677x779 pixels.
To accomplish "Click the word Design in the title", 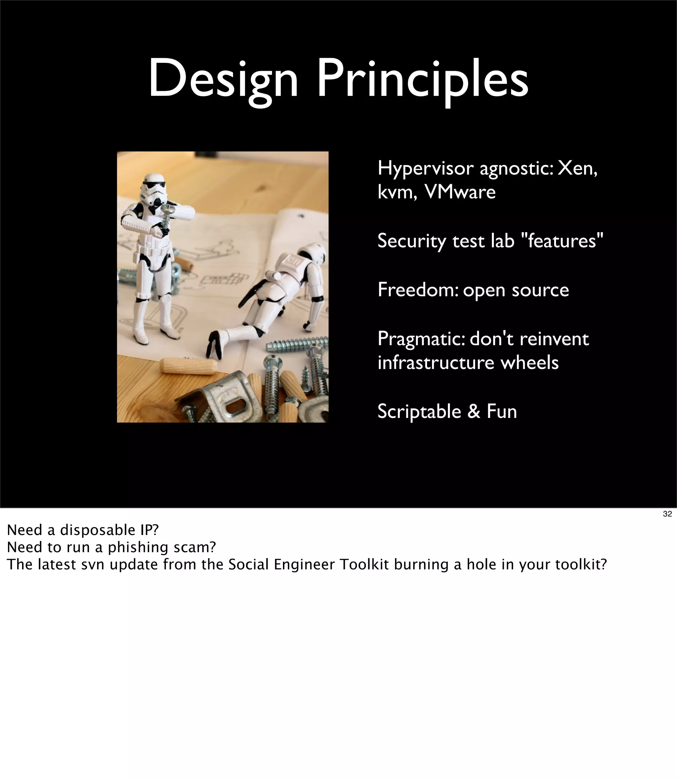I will tap(223, 80).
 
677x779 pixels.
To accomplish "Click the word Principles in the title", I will tap(422, 80).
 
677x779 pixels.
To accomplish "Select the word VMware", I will tap(460, 192).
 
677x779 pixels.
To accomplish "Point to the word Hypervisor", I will tap(425, 169).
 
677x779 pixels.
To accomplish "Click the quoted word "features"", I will tap(562, 241).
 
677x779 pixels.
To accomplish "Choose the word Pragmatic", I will tap(421, 339).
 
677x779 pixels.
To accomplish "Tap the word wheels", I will tap(529, 363).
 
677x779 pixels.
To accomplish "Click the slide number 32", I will tap(667, 514).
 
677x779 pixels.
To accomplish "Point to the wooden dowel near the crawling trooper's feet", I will tap(188, 366).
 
